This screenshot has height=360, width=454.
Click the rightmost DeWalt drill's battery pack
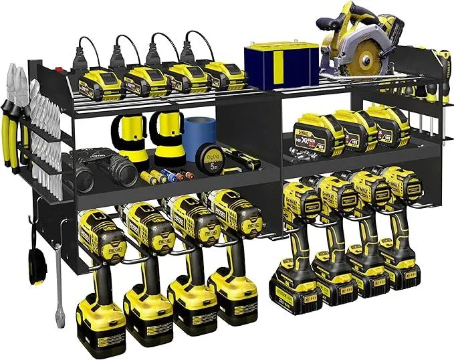[x=399, y=272]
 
